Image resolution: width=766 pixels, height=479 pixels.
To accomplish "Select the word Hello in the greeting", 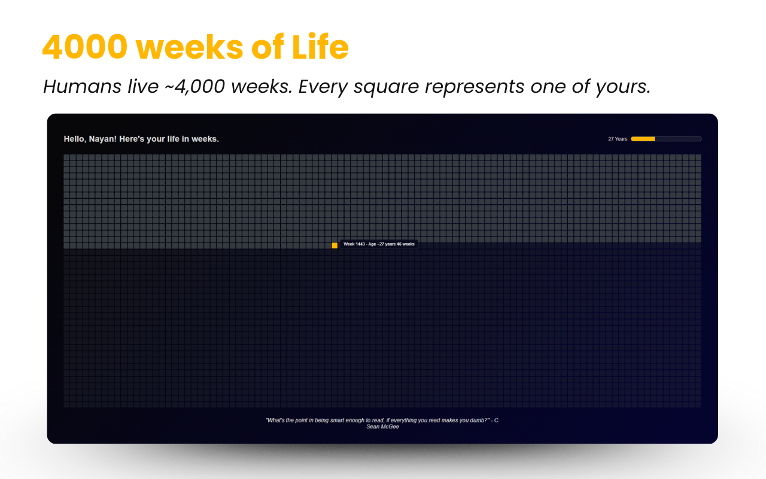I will click(x=75, y=139).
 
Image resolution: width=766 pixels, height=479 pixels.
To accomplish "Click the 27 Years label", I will click(x=618, y=139).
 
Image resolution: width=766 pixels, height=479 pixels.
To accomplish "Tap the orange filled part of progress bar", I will click(x=643, y=139).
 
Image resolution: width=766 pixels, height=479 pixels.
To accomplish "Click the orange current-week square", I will click(x=335, y=245).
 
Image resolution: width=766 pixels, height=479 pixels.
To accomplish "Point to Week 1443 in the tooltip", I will click(x=354, y=244).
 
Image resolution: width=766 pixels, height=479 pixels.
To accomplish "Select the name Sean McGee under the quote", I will click(x=382, y=427).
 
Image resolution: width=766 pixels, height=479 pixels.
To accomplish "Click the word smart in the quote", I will click(x=330, y=420).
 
